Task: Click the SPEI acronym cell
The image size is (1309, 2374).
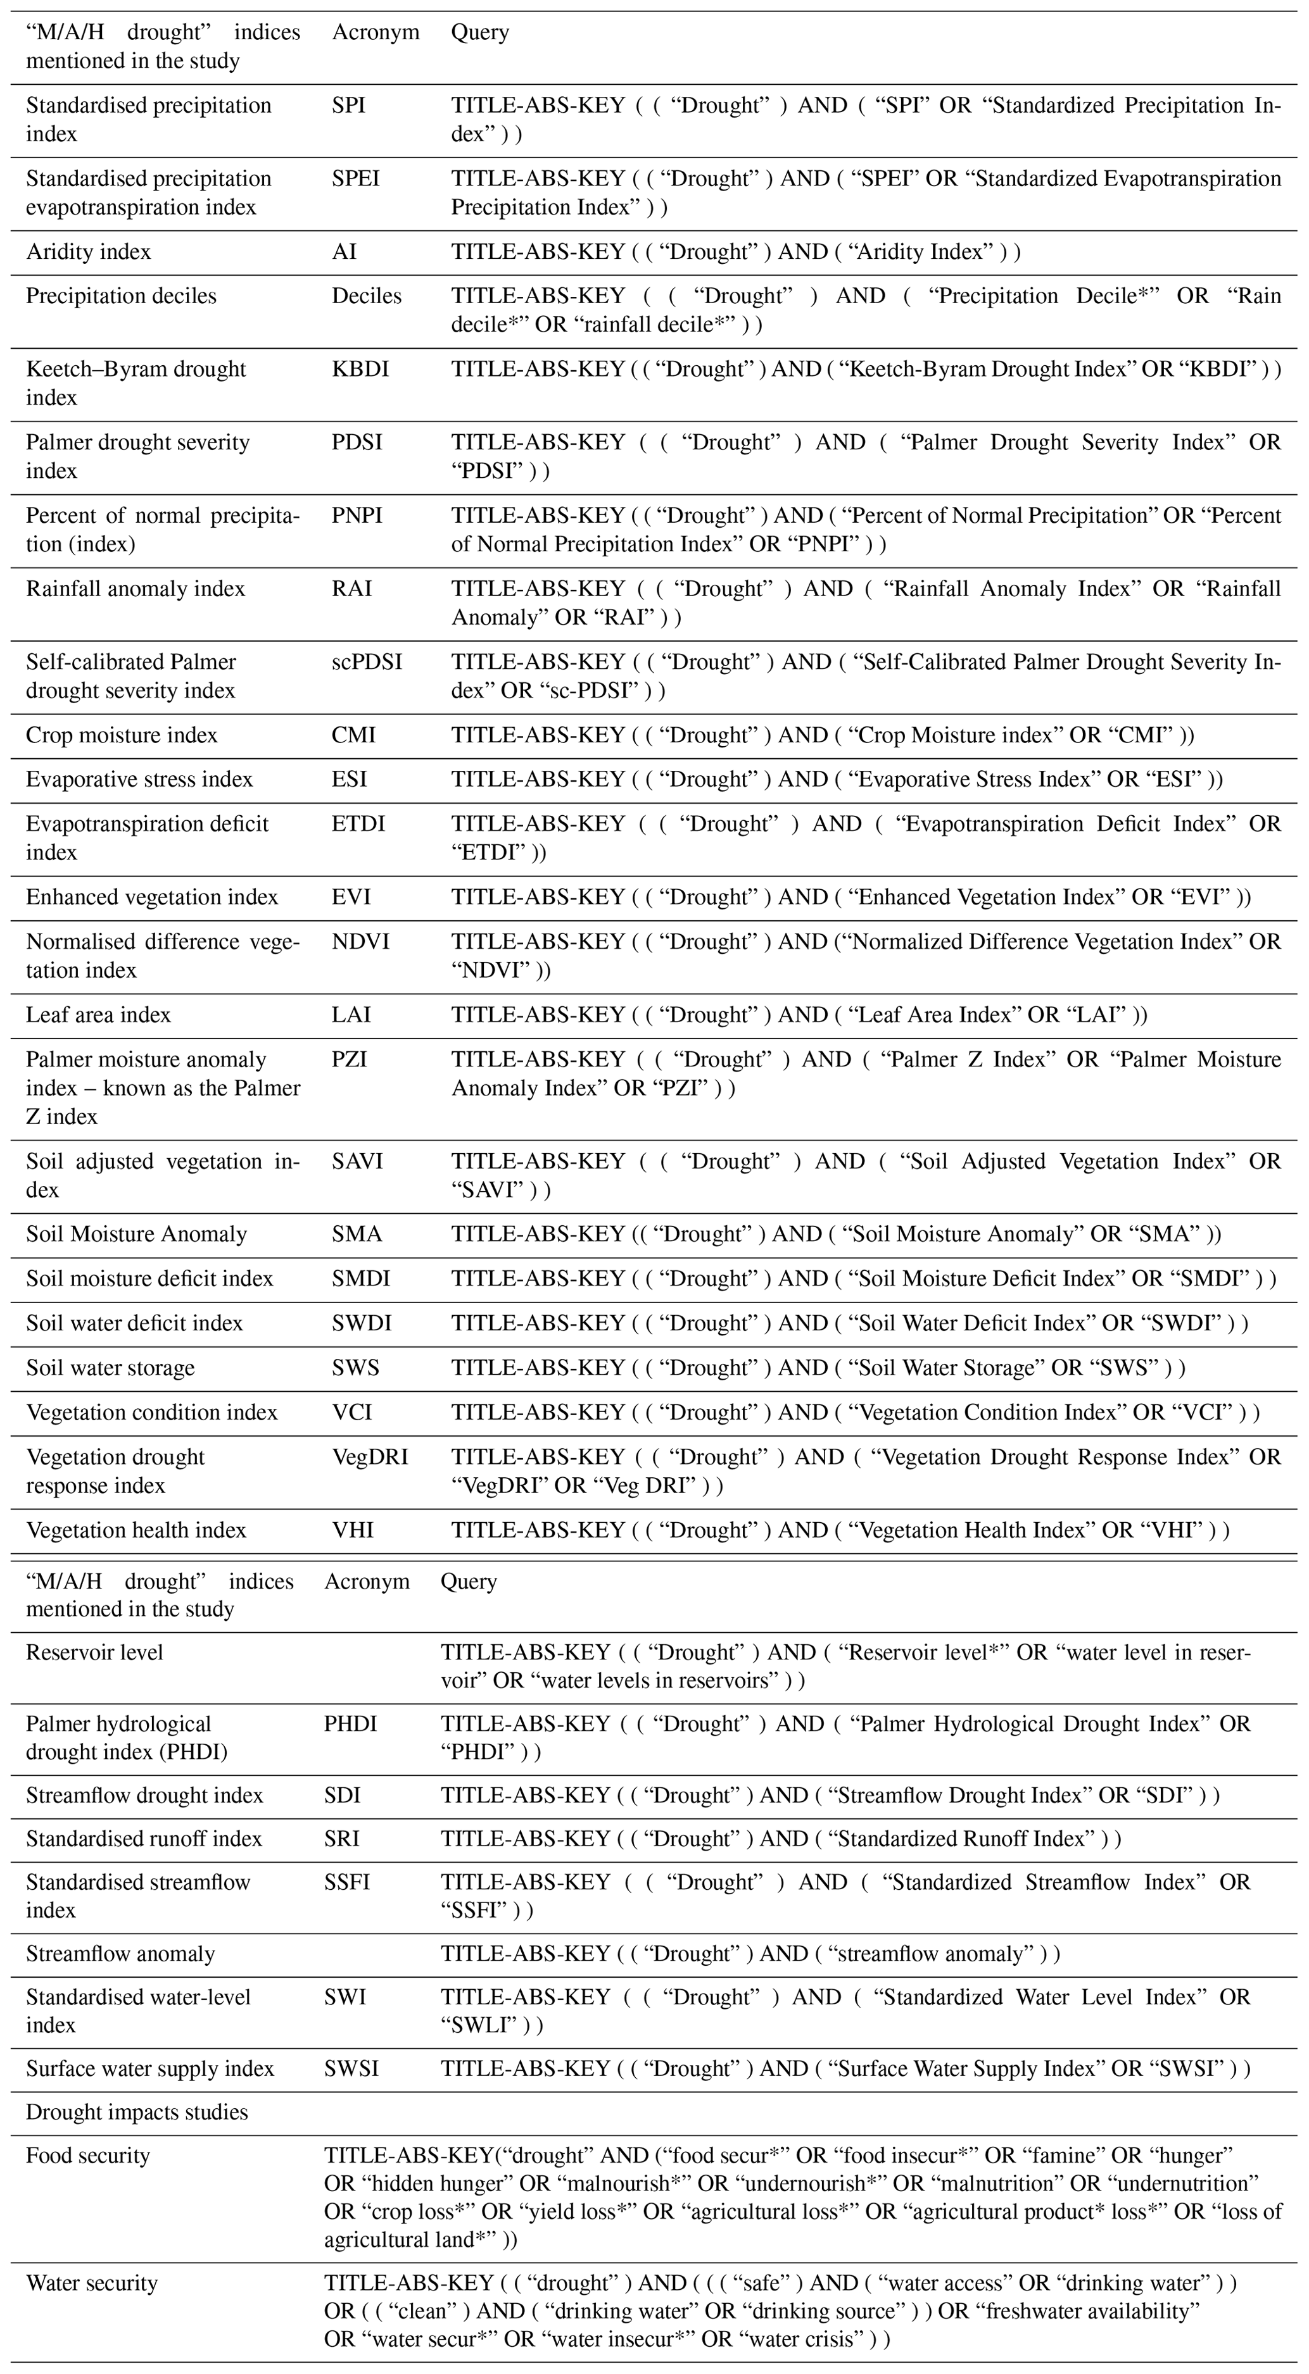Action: point(355,178)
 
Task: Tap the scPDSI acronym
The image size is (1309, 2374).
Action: point(367,663)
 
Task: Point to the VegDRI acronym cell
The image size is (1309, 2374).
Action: point(370,1457)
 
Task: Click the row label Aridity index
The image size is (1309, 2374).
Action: point(89,253)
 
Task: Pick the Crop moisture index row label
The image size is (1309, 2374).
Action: point(122,735)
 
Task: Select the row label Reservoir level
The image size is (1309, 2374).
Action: point(94,1652)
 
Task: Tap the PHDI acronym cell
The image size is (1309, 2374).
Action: point(350,1724)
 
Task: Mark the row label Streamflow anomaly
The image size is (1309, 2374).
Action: point(120,1954)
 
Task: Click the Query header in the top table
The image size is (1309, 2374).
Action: point(479,32)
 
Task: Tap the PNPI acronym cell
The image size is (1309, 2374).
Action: point(357,516)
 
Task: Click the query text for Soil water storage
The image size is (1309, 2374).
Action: point(818,1368)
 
